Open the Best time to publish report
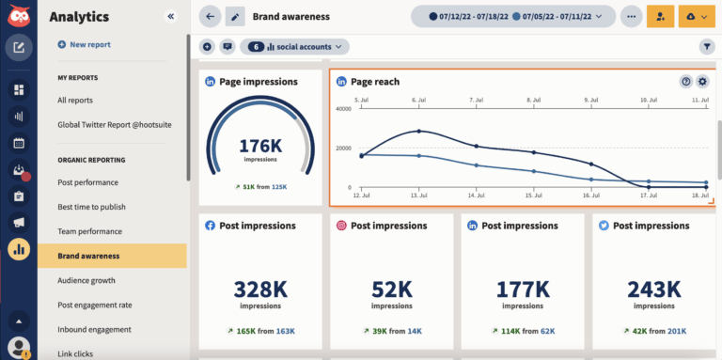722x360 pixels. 91,207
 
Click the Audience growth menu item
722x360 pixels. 86,280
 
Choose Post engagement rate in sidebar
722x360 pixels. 94,305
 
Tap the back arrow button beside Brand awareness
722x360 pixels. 210,17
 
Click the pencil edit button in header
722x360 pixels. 235,17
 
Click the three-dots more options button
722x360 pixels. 631,17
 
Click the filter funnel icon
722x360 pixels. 706,46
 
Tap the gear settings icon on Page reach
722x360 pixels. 702,82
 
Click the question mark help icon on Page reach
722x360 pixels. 686,82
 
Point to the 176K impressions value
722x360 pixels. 260,146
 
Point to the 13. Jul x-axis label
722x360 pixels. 418,196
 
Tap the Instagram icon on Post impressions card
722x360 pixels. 342,226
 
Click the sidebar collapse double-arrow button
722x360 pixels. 170,17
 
